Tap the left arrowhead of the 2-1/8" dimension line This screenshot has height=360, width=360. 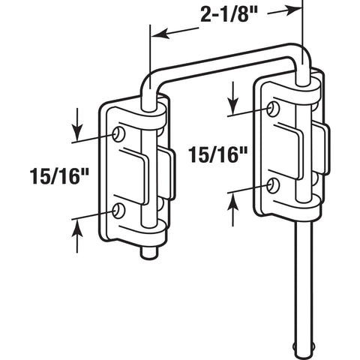pyautogui.click(x=155, y=34)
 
